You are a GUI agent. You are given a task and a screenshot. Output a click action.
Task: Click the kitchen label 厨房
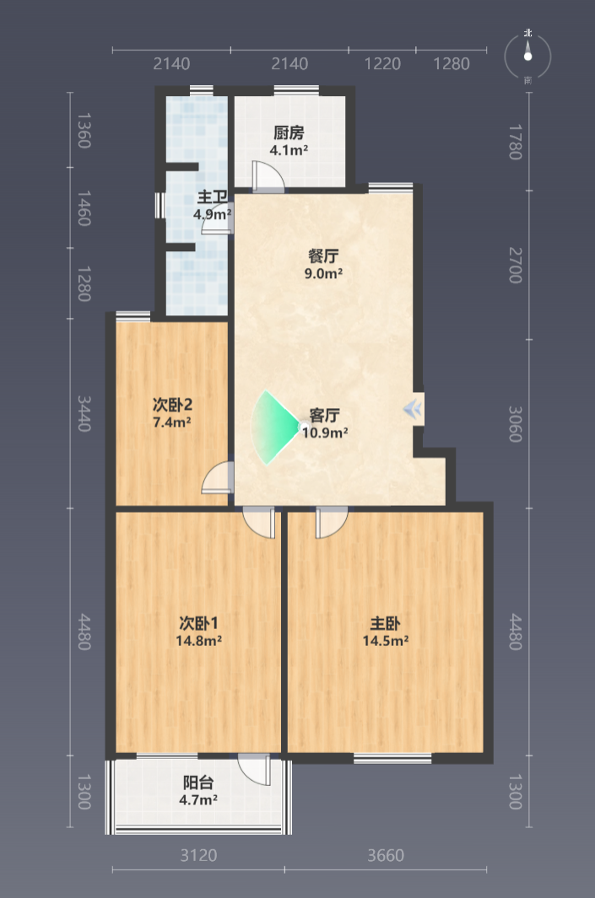tap(289, 133)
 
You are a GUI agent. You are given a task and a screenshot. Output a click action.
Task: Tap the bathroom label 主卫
tap(212, 197)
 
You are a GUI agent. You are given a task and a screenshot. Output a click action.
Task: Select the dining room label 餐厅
tap(323, 255)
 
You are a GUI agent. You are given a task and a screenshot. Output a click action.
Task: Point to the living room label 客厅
tap(324, 415)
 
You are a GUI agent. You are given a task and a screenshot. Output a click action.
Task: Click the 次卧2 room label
tap(172, 405)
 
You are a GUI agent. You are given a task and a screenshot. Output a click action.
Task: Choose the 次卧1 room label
tap(198, 623)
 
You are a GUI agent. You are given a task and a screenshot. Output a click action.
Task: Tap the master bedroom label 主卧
tap(385, 623)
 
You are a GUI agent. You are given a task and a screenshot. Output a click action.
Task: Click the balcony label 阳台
tap(198, 782)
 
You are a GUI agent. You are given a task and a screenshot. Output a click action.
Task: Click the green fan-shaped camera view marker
tap(274, 427)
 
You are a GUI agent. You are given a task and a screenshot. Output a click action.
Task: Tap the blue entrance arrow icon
tap(413, 409)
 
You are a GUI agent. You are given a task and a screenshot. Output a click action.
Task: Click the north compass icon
tap(528, 56)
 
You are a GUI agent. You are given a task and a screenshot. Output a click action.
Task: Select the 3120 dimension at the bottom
tap(198, 855)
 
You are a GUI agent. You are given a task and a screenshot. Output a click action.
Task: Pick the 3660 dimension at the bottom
tap(386, 855)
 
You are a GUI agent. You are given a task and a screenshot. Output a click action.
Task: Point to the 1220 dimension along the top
tap(382, 63)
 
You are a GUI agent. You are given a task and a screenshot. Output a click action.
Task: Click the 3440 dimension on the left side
tap(84, 413)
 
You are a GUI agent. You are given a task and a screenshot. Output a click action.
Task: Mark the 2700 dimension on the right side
tap(516, 265)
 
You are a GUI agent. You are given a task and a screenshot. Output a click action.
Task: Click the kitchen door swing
tap(268, 175)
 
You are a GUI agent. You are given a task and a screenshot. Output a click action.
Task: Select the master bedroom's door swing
tap(332, 522)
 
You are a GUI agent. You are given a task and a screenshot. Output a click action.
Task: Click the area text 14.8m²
tap(198, 640)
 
